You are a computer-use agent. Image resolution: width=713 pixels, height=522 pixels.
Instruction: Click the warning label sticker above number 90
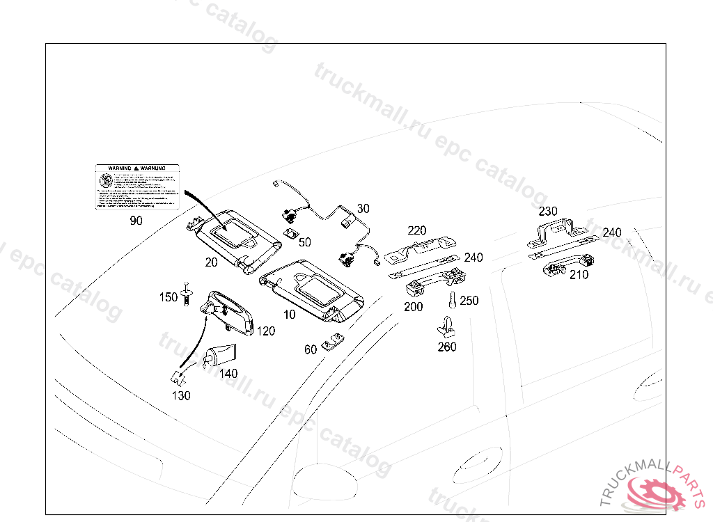pyautogui.click(x=137, y=187)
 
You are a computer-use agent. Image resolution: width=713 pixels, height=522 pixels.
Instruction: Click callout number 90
pyautogui.click(x=136, y=221)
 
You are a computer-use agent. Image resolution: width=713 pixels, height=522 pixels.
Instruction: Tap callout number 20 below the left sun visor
pyautogui.click(x=212, y=262)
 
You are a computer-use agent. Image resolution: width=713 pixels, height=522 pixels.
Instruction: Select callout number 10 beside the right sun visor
pyautogui.click(x=289, y=315)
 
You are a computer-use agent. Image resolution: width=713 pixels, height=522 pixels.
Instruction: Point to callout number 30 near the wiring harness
pyautogui.click(x=363, y=208)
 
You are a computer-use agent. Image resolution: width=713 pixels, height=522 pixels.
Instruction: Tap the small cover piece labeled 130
pyautogui.click(x=178, y=378)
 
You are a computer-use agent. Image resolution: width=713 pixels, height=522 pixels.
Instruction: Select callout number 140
pyautogui.click(x=228, y=373)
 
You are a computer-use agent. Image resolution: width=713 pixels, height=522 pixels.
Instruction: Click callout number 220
pyautogui.click(x=417, y=231)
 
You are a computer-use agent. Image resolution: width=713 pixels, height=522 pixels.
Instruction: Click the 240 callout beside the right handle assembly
pyautogui.click(x=612, y=232)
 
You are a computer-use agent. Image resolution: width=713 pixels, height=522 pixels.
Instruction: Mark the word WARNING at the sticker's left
pyautogui.click(x=115, y=168)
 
